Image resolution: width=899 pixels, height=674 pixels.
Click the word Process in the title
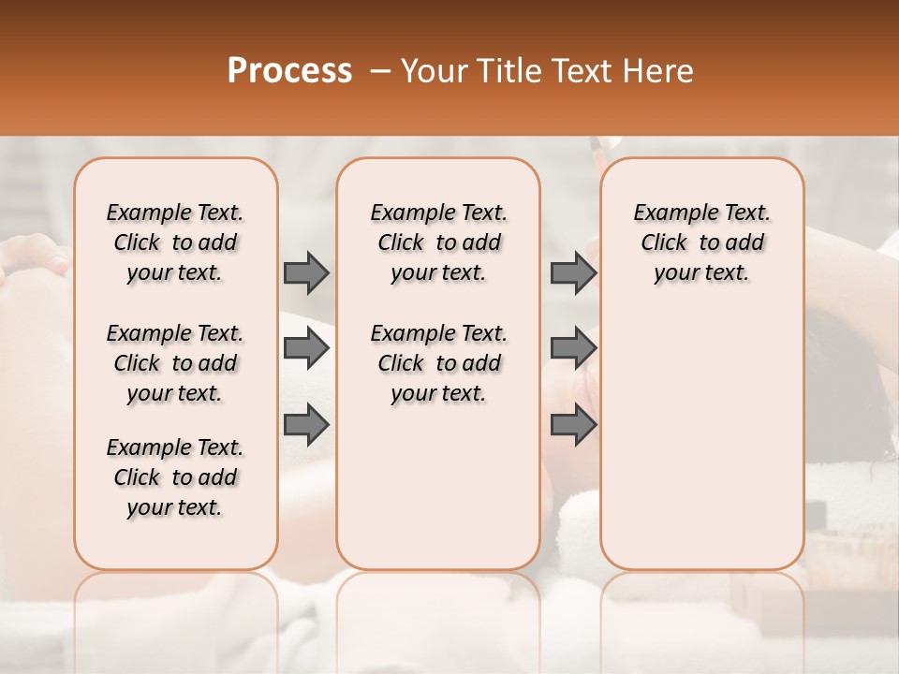289,71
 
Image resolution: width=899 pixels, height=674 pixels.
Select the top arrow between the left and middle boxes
306,272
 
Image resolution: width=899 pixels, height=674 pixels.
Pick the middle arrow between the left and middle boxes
306,349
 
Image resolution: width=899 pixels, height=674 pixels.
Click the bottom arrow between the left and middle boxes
306,426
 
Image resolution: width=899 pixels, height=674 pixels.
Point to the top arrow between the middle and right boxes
573,272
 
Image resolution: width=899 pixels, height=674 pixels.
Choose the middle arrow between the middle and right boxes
573,349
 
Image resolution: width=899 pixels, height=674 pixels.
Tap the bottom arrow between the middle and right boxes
573,426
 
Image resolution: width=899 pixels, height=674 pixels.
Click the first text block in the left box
175,242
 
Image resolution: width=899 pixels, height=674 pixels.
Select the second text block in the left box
175,363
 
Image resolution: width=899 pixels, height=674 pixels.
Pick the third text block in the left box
175,477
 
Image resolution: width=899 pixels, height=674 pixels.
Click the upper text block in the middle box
438,242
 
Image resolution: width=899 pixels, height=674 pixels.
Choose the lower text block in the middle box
438,363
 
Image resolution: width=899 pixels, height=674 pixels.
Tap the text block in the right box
702,242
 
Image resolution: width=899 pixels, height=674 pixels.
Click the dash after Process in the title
379,71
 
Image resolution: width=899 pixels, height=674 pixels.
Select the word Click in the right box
664,243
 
